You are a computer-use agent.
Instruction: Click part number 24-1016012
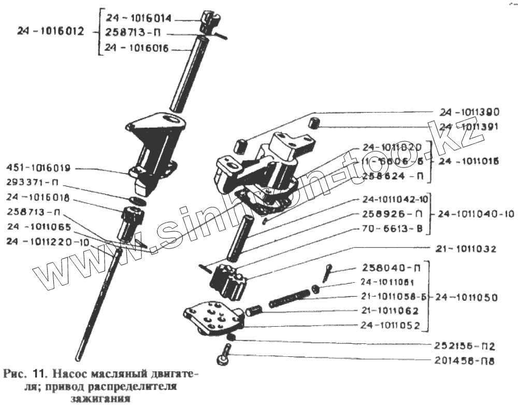50,32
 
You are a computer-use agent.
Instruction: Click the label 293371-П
31,183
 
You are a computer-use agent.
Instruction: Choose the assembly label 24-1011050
466,298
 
